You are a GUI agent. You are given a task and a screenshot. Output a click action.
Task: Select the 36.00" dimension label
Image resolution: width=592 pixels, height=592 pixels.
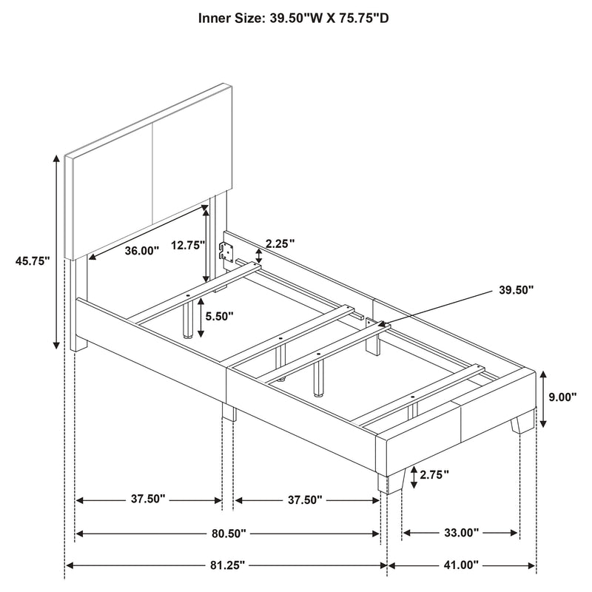pyautogui.click(x=141, y=251)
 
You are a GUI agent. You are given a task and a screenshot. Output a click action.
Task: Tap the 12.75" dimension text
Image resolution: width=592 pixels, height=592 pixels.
pyautogui.click(x=185, y=246)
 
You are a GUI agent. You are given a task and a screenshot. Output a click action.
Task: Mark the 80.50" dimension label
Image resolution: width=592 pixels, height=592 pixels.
pyautogui.click(x=228, y=532)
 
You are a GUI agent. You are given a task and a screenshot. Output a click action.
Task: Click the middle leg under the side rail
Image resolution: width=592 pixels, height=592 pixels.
pyautogui.click(x=229, y=412)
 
